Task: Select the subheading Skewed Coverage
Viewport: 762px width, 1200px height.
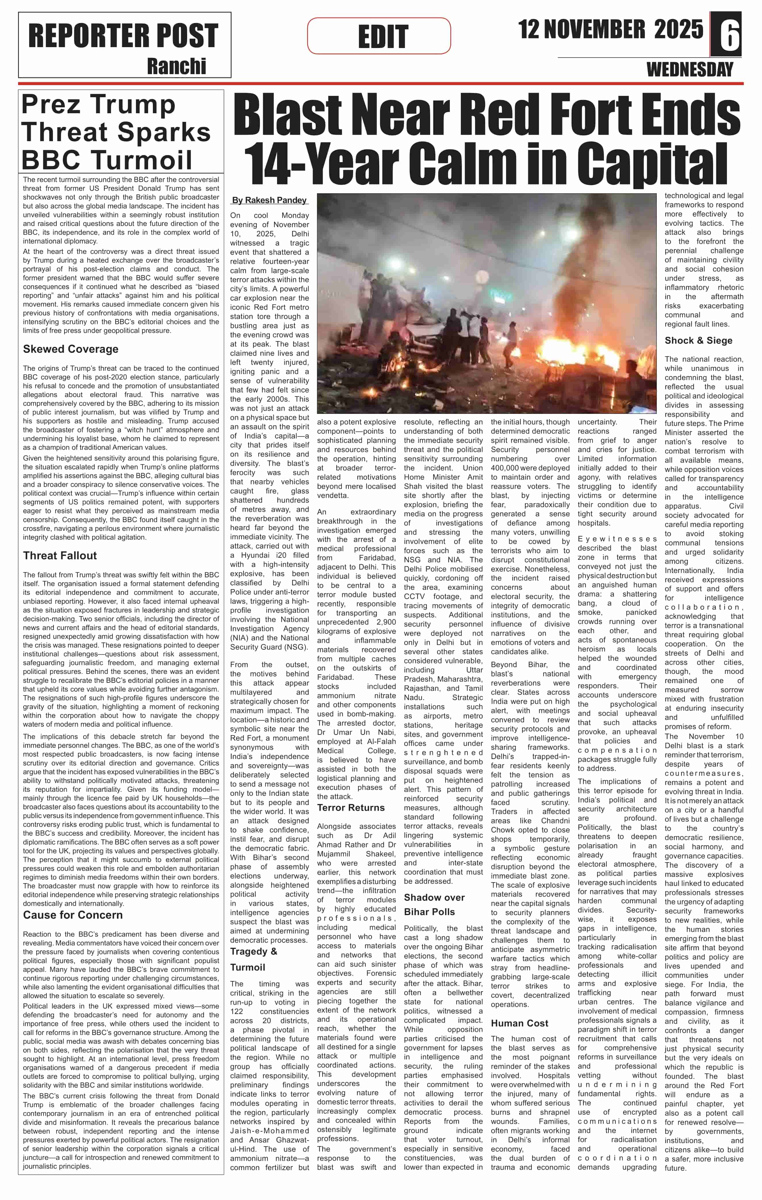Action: tap(71, 349)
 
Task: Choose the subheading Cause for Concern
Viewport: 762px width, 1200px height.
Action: tap(73, 915)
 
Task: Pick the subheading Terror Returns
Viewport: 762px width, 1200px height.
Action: tap(351, 808)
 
